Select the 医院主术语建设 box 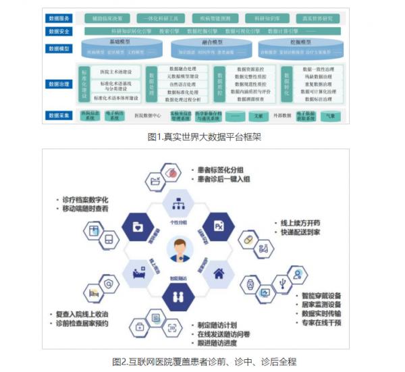pyautogui.click(x=115, y=72)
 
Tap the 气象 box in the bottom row pyautogui.click(x=329, y=116)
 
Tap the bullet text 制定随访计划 pyautogui.click(x=220, y=323)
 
